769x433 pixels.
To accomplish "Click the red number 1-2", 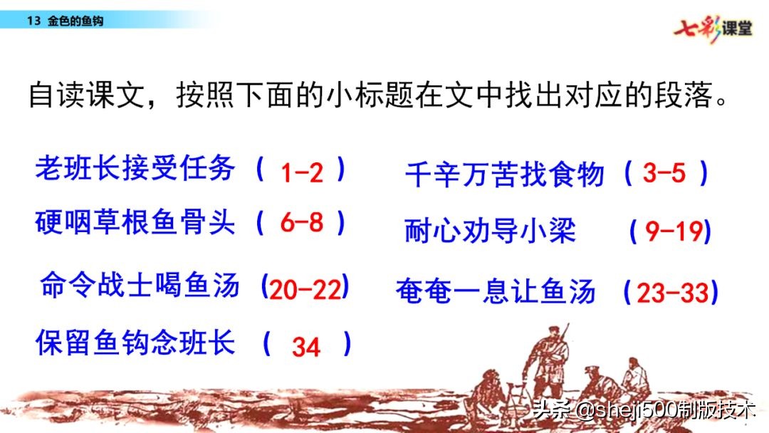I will (x=302, y=173).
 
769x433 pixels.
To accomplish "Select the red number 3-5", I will (x=664, y=174).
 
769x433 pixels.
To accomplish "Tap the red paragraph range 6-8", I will (x=302, y=224).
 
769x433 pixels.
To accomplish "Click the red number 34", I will (x=306, y=347).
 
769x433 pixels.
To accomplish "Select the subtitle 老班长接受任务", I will (x=135, y=169).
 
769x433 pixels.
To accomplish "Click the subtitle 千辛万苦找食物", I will (x=505, y=174).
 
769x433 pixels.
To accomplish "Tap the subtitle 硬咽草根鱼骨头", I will (x=135, y=223).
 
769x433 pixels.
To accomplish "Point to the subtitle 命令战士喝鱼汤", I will (x=140, y=286).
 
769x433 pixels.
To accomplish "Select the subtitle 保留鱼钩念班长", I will (x=135, y=344).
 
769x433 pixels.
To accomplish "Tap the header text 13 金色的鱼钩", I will (x=64, y=21).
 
